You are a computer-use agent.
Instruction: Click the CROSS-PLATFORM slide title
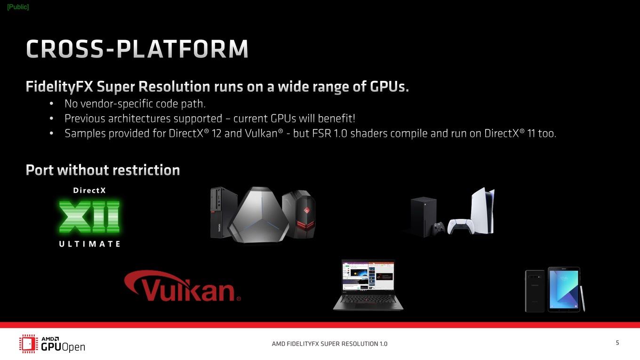point(137,49)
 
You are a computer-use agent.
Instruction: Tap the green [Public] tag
point(18,7)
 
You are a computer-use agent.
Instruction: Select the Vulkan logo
point(182,286)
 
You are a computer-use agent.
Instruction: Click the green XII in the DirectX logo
point(89,216)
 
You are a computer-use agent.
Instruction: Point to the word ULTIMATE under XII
point(89,244)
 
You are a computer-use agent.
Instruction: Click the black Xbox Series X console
point(424,216)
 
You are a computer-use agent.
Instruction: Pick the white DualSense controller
point(461,226)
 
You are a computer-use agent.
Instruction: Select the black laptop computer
point(368,285)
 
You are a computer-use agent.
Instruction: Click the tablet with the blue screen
point(564,289)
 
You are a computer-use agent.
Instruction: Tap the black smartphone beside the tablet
point(535,291)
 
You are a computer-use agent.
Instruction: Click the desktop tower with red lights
point(299,214)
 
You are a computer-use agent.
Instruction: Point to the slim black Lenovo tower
point(224,212)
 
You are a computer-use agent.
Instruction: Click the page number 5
point(617,343)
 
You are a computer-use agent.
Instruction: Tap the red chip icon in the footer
point(29,344)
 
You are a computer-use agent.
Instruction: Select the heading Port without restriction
point(103,170)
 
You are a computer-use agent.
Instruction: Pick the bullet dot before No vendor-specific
point(51,104)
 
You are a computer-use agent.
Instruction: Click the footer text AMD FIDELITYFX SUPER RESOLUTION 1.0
point(329,344)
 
